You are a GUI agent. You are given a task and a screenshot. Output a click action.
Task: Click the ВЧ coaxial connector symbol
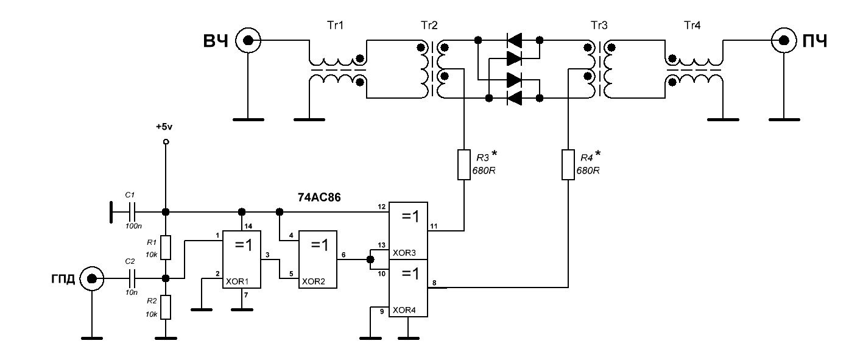248,41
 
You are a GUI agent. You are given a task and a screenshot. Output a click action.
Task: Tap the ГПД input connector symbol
91,279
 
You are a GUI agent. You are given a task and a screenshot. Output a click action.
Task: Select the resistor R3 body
464,164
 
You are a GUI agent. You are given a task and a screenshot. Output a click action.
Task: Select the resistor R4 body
568,164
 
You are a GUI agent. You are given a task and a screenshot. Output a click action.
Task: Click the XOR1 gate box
241,259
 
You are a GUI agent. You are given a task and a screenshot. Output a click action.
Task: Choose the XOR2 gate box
317,259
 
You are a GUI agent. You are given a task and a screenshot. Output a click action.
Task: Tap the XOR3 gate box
407,230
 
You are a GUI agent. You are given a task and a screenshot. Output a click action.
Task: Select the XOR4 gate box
407,288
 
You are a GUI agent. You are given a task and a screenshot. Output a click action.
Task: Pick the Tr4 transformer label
693,25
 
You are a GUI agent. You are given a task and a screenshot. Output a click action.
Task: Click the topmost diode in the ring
515,40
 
